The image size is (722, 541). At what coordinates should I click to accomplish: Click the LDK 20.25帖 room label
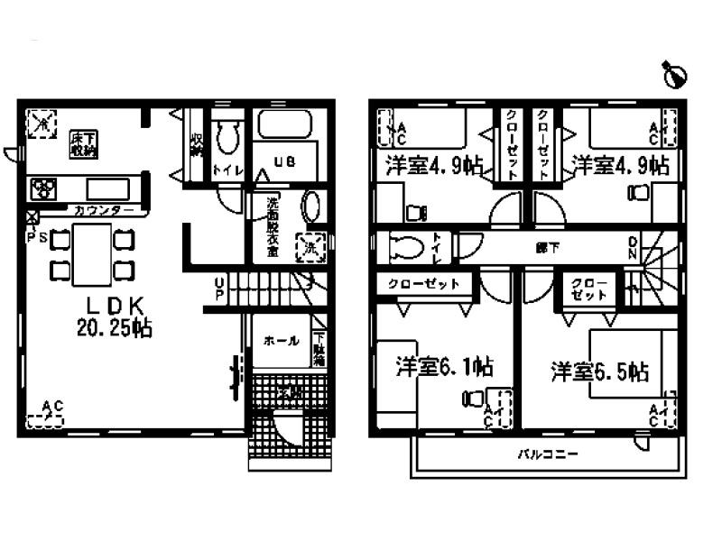[x=113, y=316]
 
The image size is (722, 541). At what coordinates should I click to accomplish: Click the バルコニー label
[x=547, y=454]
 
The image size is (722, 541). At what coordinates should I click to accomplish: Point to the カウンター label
[x=106, y=211]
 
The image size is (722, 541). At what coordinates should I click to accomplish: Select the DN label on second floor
[x=634, y=249]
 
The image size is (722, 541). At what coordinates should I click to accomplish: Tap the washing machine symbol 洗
[x=310, y=247]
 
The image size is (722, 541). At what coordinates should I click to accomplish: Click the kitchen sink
[x=106, y=189]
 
